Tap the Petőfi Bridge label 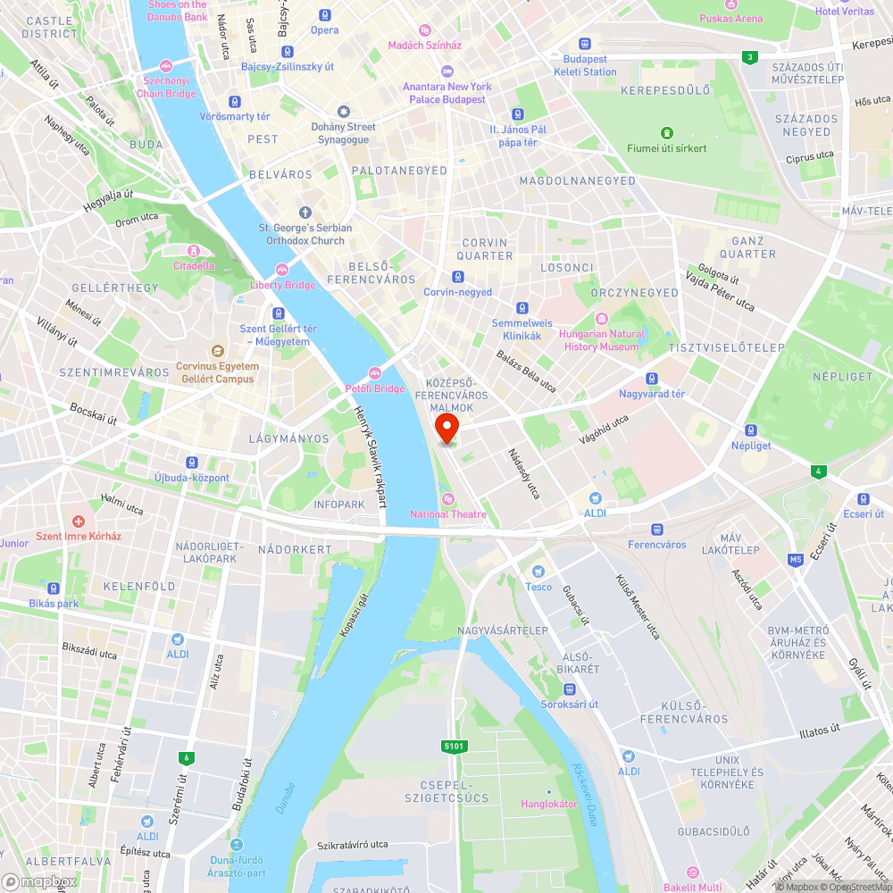pyautogui.click(x=375, y=388)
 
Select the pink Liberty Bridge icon pyautogui.click(x=282, y=269)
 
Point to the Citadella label pyautogui.click(x=194, y=265)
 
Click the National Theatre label pyautogui.click(x=448, y=513)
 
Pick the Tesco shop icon pyautogui.click(x=538, y=572)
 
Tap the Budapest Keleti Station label pyautogui.click(x=585, y=65)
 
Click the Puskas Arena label pyautogui.click(x=730, y=18)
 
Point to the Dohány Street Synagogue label pyautogui.click(x=343, y=133)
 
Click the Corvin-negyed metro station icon pyautogui.click(x=457, y=277)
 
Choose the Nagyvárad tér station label pyautogui.click(x=652, y=394)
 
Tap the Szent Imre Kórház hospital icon pyautogui.click(x=79, y=521)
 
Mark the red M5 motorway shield pyautogui.click(x=795, y=560)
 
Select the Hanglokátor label pyautogui.click(x=549, y=804)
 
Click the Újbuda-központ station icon pyautogui.click(x=191, y=463)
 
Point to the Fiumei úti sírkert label pyautogui.click(x=666, y=148)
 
